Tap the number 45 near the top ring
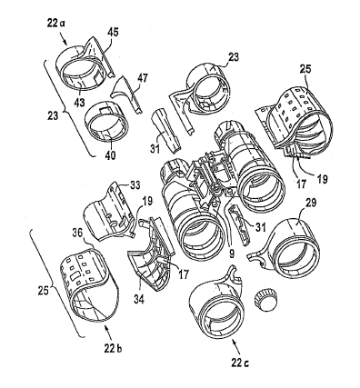(114, 33)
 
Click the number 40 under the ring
(110, 155)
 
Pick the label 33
(135, 185)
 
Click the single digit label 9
(232, 254)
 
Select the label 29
(310, 203)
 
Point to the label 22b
(113, 349)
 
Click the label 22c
(240, 363)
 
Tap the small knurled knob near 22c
(266, 299)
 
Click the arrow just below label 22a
(65, 39)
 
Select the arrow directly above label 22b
(107, 333)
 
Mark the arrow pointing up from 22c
(235, 347)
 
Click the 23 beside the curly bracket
(53, 115)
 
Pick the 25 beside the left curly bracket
(44, 292)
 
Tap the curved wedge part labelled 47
(126, 95)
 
